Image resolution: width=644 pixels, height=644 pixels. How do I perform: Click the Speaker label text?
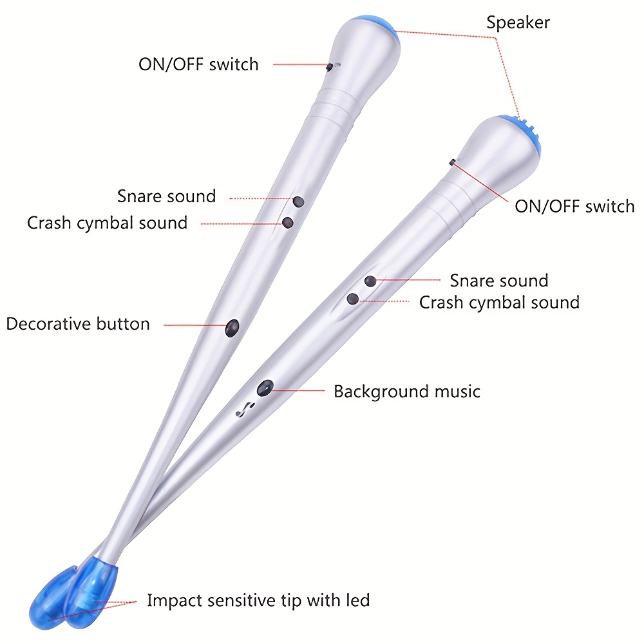518,23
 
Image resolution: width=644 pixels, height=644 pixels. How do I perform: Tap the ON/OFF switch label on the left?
198,64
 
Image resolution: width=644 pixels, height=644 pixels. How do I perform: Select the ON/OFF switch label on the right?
574,206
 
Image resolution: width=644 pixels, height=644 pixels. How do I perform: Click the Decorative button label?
78,324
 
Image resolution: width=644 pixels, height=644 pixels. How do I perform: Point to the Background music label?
407,392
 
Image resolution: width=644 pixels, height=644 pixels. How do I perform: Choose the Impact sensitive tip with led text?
258,600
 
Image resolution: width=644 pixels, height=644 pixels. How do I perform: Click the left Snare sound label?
166,196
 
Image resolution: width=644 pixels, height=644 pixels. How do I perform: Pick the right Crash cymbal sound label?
500,303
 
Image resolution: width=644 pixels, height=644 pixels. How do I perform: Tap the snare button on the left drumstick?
298,202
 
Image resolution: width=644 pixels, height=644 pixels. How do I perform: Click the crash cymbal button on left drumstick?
288,223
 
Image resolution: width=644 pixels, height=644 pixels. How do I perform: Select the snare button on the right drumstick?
370,281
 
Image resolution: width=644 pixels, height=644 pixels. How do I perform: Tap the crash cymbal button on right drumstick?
352,299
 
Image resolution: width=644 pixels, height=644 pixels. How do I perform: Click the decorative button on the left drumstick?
232,328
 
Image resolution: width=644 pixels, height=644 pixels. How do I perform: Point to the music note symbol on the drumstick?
245,409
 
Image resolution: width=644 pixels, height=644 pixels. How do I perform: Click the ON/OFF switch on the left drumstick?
330,67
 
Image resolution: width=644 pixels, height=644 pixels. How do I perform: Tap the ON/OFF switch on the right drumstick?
452,163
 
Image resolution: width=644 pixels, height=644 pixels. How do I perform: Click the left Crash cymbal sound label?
107,223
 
